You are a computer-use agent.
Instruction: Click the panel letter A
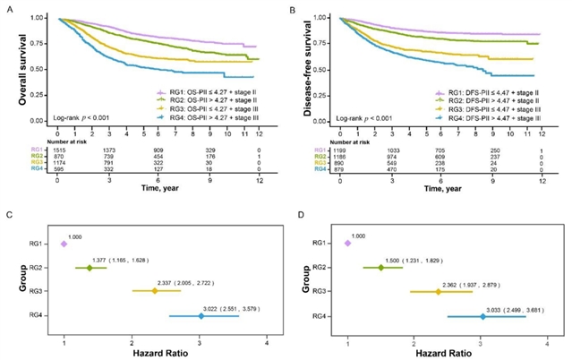[6, 8]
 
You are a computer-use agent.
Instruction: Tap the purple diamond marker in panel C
[64, 244]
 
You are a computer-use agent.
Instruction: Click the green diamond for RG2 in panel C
[90, 268]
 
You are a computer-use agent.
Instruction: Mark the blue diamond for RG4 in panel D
[482, 316]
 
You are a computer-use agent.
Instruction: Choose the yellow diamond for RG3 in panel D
[438, 292]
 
